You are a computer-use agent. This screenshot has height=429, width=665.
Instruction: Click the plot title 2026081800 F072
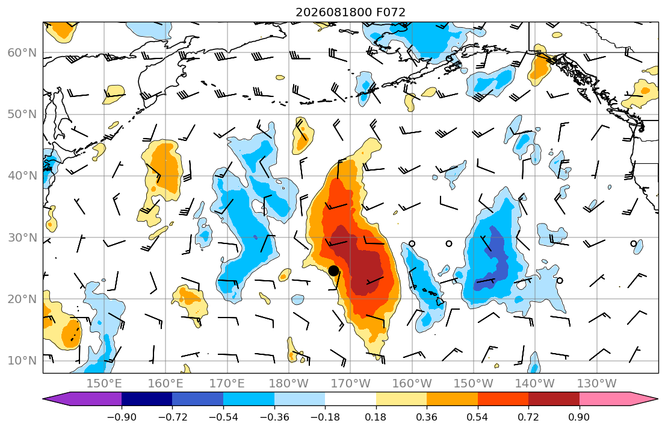tap(350, 12)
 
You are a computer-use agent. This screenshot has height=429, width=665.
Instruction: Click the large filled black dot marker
tap(333, 271)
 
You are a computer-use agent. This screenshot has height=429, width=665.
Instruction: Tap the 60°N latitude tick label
tap(22, 52)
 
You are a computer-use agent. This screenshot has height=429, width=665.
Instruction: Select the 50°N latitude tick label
tap(22, 114)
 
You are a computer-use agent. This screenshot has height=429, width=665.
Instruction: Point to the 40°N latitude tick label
tap(22, 175)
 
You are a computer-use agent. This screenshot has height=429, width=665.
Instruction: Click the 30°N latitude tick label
tap(22, 237)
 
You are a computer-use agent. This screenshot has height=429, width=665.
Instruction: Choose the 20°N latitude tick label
tap(22, 299)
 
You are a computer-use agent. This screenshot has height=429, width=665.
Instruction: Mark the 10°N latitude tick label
tap(22, 361)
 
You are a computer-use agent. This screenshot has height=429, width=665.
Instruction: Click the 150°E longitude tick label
tap(104, 384)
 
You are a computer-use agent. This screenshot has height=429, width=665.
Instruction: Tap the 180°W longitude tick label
tap(289, 384)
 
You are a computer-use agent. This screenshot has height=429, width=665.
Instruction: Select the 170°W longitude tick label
tap(350, 384)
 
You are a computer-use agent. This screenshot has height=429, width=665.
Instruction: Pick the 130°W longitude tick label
tap(597, 384)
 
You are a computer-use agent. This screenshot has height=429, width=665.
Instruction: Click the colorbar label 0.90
tap(580, 417)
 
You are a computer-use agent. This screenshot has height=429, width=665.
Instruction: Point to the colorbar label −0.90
tap(122, 417)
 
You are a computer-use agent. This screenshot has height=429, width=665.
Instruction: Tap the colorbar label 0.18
tap(376, 417)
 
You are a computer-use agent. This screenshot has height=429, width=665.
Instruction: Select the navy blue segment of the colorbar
tap(147, 399)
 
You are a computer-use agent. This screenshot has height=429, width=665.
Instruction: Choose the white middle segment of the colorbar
tap(350, 399)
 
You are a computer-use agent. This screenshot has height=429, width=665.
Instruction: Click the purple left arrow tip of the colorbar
tap(44, 399)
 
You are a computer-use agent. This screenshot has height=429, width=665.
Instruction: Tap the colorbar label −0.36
tap(274, 417)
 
